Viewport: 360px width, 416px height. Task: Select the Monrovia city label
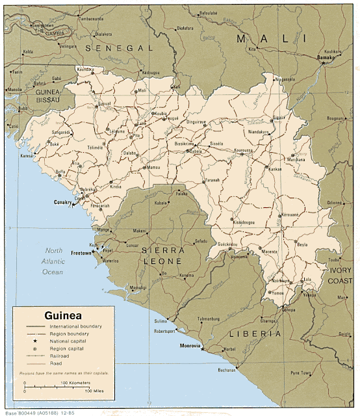pos(189,345)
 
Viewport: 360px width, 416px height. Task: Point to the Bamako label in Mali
pos(324,57)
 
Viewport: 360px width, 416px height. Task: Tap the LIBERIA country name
pos(255,333)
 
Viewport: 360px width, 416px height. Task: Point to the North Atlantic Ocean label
pos(55,261)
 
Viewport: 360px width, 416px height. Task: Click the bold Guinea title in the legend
pos(62,315)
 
